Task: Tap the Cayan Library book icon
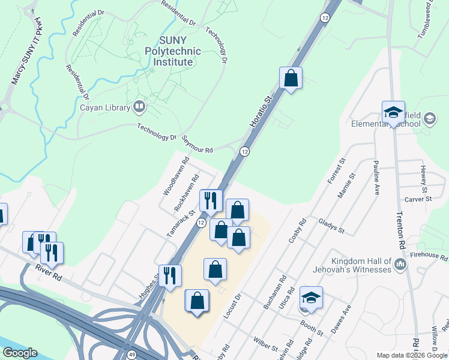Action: click(139, 107)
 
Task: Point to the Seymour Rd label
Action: click(197, 146)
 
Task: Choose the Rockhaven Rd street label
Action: click(186, 192)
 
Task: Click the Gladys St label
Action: click(332, 226)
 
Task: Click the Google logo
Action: click(20, 353)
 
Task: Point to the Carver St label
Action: click(418, 199)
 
